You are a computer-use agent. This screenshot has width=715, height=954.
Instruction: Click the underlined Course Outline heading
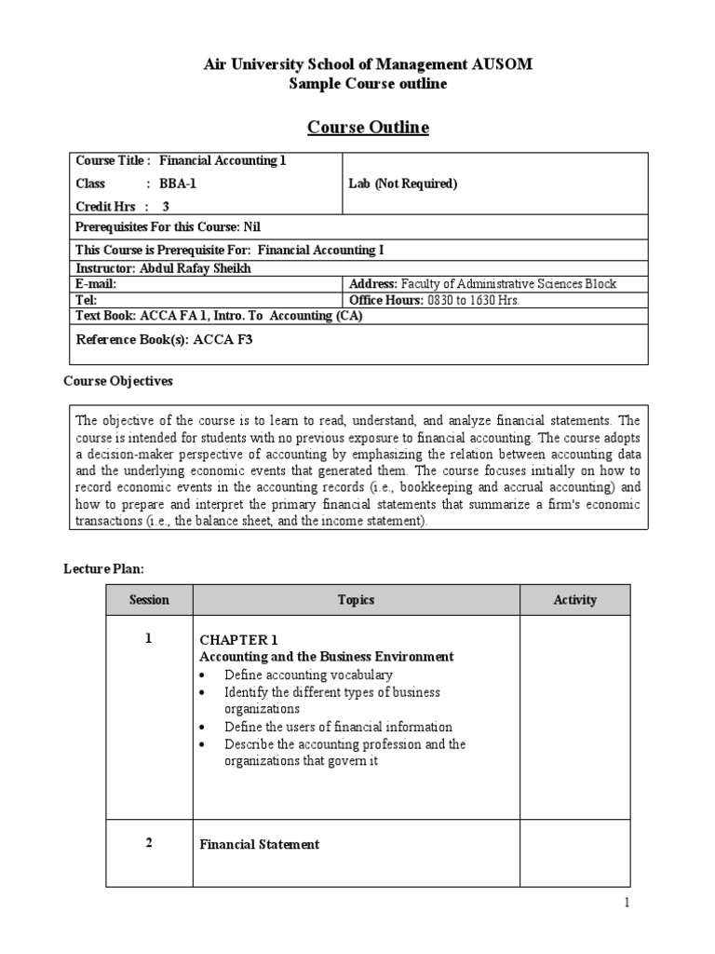[369, 128]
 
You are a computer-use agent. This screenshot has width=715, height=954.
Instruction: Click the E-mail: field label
[96, 283]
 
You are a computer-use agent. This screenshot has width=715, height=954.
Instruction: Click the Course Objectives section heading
[117, 381]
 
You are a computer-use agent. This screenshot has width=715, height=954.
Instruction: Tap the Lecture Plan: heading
[103, 567]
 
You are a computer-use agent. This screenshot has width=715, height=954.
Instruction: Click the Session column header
[149, 600]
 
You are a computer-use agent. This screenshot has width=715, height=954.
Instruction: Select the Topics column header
[356, 600]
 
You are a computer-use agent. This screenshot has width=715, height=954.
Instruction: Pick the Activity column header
[574, 600]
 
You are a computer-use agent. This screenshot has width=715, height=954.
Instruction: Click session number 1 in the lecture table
[149, 638]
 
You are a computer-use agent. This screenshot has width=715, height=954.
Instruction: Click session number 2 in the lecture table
[149, 842]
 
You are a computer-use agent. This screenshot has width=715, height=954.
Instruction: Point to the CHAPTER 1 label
[239, 639]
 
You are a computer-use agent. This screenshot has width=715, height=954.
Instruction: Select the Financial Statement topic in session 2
[260, 844]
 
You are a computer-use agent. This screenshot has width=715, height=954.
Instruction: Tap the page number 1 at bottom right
[627, 903]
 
